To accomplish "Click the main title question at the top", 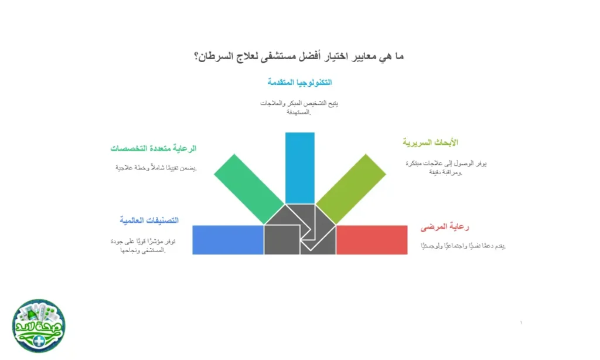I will pyautogui.click(x=299, y=57).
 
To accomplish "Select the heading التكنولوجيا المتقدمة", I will pyautogui.click(x=300, y=82).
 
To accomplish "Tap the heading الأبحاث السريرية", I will pyautogui.click(x=431, y=142).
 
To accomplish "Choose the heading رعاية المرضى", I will pyautogui.click(x=445, y=227).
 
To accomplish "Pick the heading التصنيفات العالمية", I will pyautogui.click(x=149, y=220).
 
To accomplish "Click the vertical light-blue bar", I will pyautogui.click(x=300, y=167).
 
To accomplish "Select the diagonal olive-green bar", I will pyautogui.click(x=351, y=188).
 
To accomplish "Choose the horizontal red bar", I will pyautogui.click(x=371, y=240).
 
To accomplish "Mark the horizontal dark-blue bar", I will pyautogui.click(x=228, y=240).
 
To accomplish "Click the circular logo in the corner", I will pyautogui.click(x=39, y=326).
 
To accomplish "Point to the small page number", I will pyautogui.click(x=521, y=322).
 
